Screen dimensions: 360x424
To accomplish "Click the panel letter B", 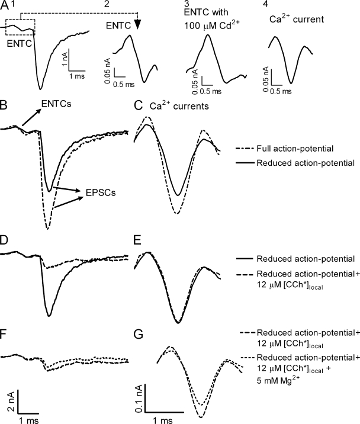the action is [x=4, y=105].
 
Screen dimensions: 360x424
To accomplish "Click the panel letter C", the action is [x=138, y=105].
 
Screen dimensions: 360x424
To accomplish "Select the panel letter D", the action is [x=4, y=240].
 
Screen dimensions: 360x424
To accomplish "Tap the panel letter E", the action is [x=138, y=240].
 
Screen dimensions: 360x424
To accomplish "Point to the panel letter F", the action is [x=3, y=335].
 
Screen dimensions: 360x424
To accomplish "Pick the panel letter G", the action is [x=139, y=335].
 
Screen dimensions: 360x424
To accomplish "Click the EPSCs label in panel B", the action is [x=101, y=192].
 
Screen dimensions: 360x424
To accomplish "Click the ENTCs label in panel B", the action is [x=56, y=104].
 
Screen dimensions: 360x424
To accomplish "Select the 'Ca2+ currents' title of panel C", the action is [x=179, y=105].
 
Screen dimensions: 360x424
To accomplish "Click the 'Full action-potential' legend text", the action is [x=295, y=149].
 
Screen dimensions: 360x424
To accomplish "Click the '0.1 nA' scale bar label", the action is [x=139, y=399].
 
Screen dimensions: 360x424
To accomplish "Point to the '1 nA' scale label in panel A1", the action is [x=64, y=59].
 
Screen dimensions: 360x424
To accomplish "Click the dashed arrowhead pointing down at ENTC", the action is [x=138, y=25].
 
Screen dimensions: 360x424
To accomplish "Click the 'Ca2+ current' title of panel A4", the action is [x=297, y=18].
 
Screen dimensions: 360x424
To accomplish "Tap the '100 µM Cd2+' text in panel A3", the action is [x=212, y=25].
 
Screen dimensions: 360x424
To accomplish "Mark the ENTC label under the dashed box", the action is [x=19, y=44].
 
